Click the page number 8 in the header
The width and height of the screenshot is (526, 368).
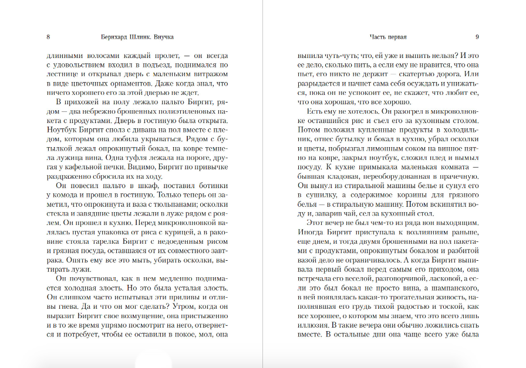pos(48,37)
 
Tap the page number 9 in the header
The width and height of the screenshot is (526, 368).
pos(477,37)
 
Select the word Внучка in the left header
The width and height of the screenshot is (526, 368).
pos(162,37)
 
